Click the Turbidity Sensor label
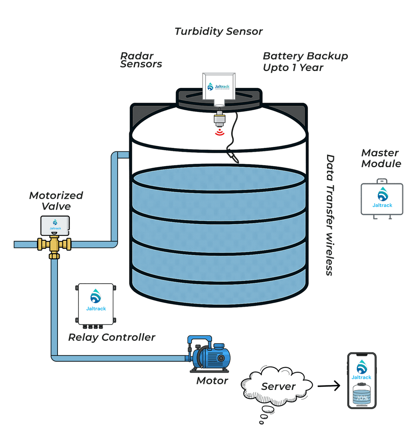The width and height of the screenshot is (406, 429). click(x=218, y=32)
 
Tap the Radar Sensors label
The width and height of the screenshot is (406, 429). click(x=141, y=60)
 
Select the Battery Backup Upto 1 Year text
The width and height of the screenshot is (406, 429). click(x=305, y=62)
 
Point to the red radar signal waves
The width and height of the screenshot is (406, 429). click(x=219, y=133)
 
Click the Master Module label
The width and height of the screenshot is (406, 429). click(x=381, y=158)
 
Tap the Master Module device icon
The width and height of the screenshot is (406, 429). click(x=382, y=199)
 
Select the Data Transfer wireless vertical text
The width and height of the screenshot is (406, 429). click(x=330, y=215)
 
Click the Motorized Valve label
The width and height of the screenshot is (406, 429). click(x=56, y=201)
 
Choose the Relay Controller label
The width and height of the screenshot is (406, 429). click(x=111, y=337)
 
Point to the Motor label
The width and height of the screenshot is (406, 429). click(x=212, y=381)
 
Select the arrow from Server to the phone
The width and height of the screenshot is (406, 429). click(x=328, y=386)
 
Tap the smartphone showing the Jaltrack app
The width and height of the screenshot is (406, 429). click(x=361, y=380)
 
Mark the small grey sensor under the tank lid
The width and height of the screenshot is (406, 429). click(x=219, y=120)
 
